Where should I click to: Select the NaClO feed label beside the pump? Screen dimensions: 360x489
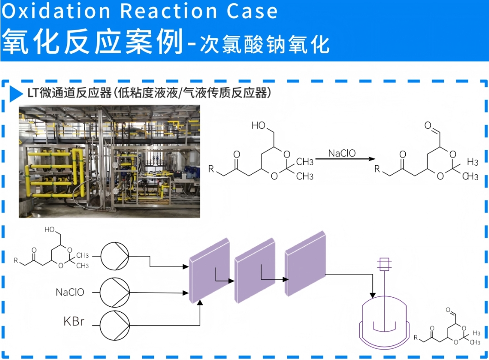(70, 292)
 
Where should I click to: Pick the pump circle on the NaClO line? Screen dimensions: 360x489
(114, 292)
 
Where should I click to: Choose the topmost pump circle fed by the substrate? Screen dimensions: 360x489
(114, 256)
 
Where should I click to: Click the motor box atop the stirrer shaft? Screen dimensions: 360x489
(386, 264)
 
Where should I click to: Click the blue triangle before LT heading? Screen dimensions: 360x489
(16, 94)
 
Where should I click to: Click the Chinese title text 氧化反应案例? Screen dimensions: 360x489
(91, 41)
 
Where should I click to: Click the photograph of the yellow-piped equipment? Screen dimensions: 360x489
(109, 161)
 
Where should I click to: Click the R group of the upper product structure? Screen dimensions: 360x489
(377, 169)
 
